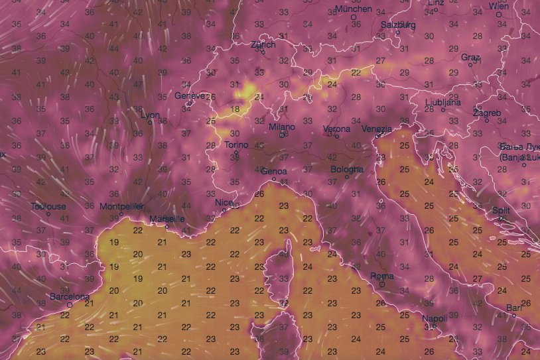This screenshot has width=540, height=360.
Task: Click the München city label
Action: (x=354, y=9)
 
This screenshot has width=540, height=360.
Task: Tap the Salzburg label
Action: (x=398, y=25)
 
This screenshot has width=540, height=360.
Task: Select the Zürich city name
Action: (x=262, y=44)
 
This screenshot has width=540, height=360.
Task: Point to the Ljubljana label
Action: (x=443, y=102)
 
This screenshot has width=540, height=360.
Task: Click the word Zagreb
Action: (x=487, y=113)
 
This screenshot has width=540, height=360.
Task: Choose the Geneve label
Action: (x=189, y=95)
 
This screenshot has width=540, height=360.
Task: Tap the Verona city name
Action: (x=336, y=128)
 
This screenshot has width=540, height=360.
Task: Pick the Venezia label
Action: (x=377, y=129)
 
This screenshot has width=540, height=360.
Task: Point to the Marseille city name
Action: (x=168, y=219)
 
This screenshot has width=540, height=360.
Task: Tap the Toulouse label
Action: (x=48, y=206)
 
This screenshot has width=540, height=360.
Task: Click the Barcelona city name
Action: (x=70, y=297)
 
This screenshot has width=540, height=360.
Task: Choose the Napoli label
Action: (x=435, y=319)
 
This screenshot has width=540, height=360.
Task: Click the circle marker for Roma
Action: (x=381, y=284)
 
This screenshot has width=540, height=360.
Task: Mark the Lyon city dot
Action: (x=150, y=122)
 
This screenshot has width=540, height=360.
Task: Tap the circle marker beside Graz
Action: (x=470, y=65)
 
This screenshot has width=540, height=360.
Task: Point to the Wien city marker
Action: (x=499, y=14)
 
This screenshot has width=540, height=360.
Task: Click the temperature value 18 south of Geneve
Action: (x=234, y=109)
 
